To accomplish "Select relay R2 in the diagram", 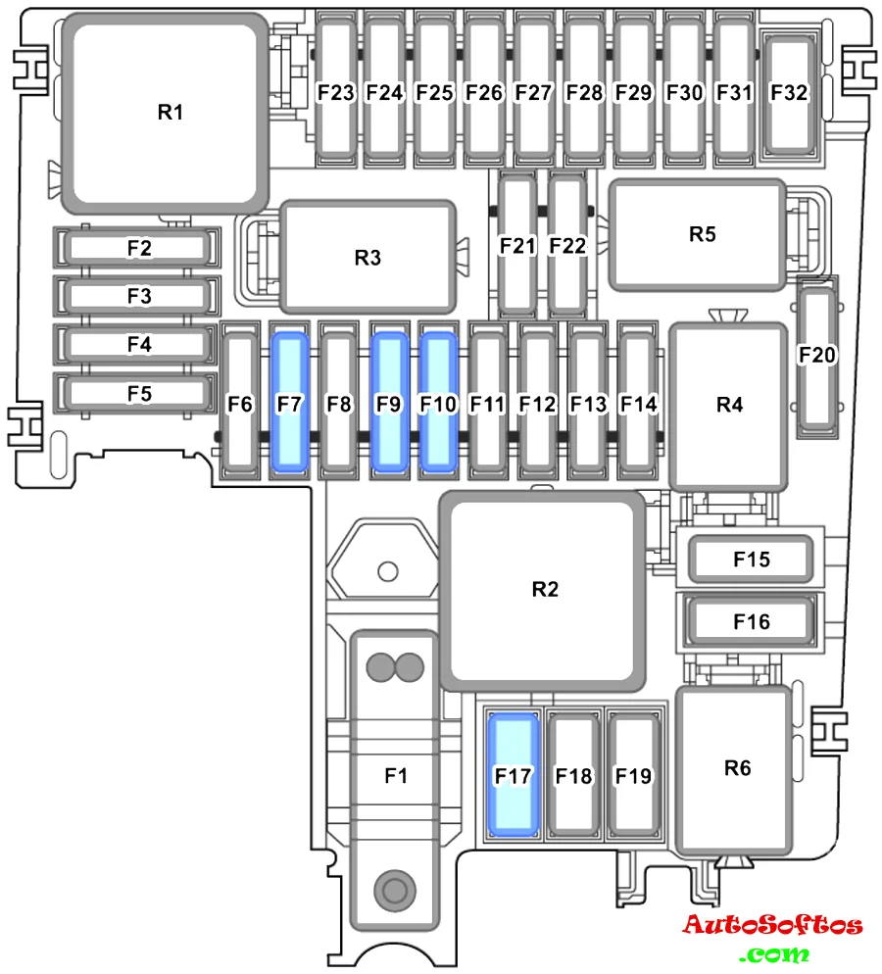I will point(544,589).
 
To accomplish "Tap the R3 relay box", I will point(367,257).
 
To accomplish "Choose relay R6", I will point(737,767).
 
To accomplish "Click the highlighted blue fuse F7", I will point(289,403).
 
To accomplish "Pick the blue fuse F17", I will point(514,775).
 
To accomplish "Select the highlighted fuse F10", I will point(438,403).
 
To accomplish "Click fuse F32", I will point(789,92).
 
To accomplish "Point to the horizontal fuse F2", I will point(138,248).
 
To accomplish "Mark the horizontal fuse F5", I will point(138,394).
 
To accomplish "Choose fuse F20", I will point(817,355).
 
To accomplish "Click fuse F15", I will point(752,560).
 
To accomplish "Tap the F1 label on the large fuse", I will point(395,775).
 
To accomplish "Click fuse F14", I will point(639,403).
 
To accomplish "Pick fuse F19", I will point(633,775).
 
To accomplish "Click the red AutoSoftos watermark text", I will point(772,925).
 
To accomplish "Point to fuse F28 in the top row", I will point(585,92).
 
